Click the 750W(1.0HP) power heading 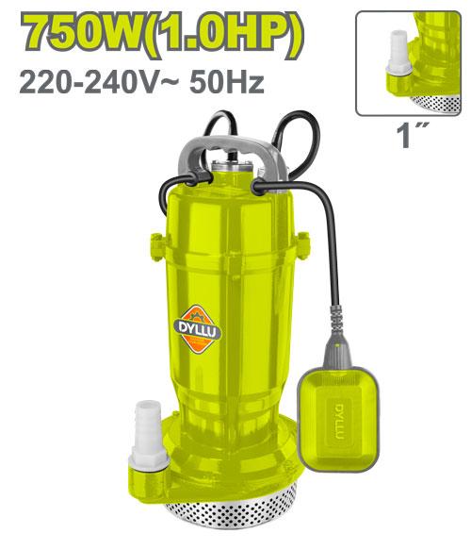point(162,36)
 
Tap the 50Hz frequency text point(227,83)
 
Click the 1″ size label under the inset point(413,136)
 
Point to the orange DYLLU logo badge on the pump point(198,329)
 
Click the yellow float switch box point(338,419)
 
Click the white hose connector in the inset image point(399,53)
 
